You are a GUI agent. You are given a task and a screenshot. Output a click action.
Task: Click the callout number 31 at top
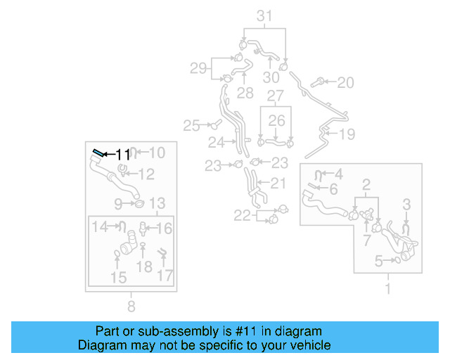[x=264, y=15]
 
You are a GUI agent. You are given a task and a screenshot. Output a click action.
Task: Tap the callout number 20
[x=345, y=83]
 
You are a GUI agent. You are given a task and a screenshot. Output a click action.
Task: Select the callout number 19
[x=347, y=134]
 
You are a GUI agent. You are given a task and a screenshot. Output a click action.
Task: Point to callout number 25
[x=192, y=126]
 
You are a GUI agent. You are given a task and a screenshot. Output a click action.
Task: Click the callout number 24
[x=216, y=143]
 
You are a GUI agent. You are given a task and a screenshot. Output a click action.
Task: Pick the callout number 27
[x=275, y=95]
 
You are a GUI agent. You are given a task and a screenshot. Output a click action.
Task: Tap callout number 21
[x=278, y=184]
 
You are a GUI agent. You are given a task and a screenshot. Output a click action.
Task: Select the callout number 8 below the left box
[x=131, y=306]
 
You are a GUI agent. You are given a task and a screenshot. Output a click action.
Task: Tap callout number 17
[x=165, y=276]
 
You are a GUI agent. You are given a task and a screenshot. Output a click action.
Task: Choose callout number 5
[x=378, y=262]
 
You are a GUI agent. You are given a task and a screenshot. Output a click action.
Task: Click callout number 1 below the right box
[x=387, y=288]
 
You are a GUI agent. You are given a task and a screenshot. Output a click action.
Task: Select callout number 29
[x=199, y=68]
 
